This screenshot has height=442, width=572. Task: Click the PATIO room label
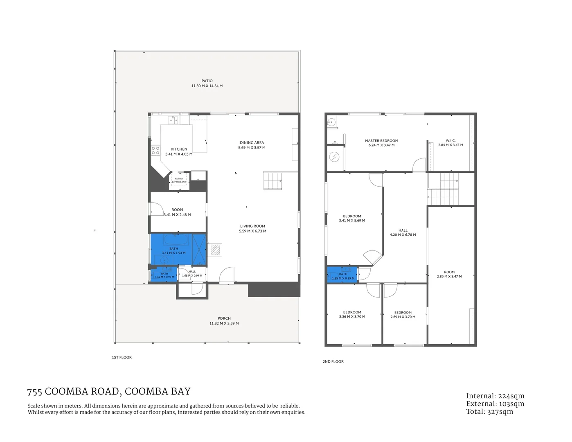[x=207, y=81]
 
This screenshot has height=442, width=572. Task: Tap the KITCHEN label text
[x=179, y=149]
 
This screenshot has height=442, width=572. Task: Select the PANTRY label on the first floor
[x=179, y=179]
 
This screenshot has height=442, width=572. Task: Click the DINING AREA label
[x=252, y=143]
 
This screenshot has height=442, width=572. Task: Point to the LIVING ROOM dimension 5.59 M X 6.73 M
[x=252, y=231]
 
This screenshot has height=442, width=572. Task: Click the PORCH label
[x=224, y=318]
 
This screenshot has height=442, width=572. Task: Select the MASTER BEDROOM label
[x=381, y=141]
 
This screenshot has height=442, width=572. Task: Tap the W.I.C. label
[x=450, y=140]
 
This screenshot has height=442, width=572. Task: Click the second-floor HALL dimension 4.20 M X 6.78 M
[x=403, y=235]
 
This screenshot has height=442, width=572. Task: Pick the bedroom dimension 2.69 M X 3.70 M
[x=403, y=317]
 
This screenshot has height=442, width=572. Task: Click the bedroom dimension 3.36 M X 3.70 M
[x=352, y=317]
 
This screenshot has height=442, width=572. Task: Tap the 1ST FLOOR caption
[x=122, y=358]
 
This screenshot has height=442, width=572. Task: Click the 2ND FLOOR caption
[x=333, y=362]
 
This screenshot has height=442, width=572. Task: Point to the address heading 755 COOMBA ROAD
[x=109, y=392]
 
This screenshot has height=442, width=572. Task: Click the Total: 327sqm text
[x=489, y=412]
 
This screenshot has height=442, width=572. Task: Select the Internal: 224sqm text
[x=495, y=396]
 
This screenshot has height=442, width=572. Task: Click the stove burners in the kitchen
[x=155, y=151]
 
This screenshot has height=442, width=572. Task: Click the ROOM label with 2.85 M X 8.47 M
[x=449, y=272]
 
